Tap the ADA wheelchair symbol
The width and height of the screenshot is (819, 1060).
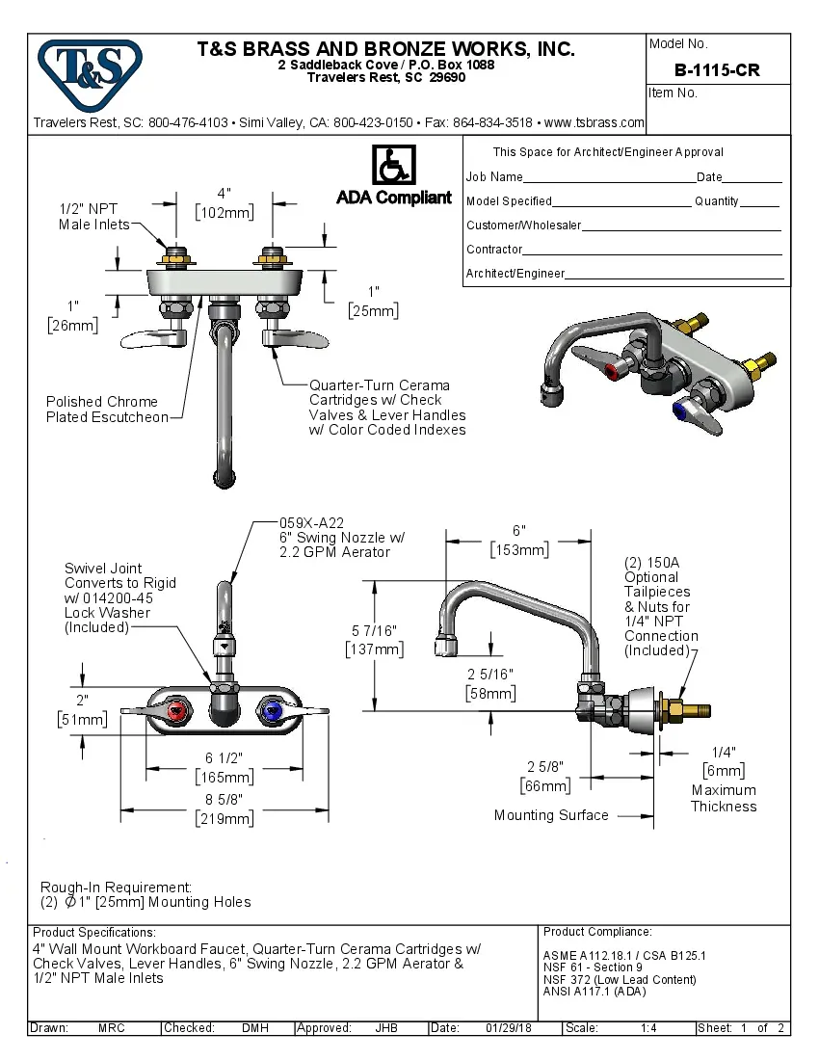click(x=393, y=166)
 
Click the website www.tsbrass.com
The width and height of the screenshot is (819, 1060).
click(x=594, y=123)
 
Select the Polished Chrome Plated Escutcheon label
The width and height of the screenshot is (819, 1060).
click(x=107, y=410)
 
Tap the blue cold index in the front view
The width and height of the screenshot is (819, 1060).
click(x=270, y=712)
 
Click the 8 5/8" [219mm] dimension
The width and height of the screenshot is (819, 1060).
click(x=224, y=810)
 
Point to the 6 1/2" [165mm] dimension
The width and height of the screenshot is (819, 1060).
click(x=224, y=768)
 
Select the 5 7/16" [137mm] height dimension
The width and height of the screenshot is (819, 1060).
click(x=374, y=639)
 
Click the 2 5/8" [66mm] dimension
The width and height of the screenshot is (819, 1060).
click(x=546, y=777)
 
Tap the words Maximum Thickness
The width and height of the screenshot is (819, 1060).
click(x=723, y=799)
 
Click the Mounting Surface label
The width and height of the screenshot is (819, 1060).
click(x=551, y=815)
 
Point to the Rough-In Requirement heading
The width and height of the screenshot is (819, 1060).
click(x=116, y=887)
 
